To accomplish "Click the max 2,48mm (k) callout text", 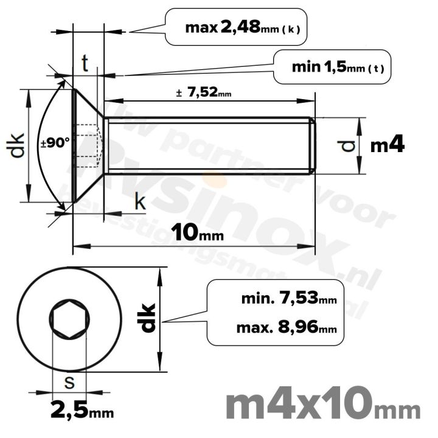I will [x=243, y=27].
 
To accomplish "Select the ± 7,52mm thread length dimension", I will [x=203, y=93].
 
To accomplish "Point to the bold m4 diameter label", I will [x=388, y=145].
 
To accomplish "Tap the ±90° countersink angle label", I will [x=55, y=144].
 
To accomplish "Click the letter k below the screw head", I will [x=140, y=203].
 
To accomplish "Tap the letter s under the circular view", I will [x=69, y=383].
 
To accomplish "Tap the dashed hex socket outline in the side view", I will [x=88, y=145].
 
